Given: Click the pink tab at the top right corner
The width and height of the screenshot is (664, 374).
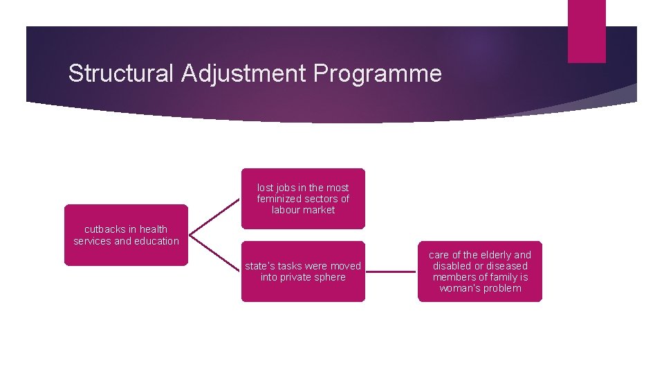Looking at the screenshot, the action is [586, 31].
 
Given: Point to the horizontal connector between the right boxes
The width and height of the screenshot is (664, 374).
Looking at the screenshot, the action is [391, 271].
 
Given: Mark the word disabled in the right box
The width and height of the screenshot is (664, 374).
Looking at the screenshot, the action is [453, 266].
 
